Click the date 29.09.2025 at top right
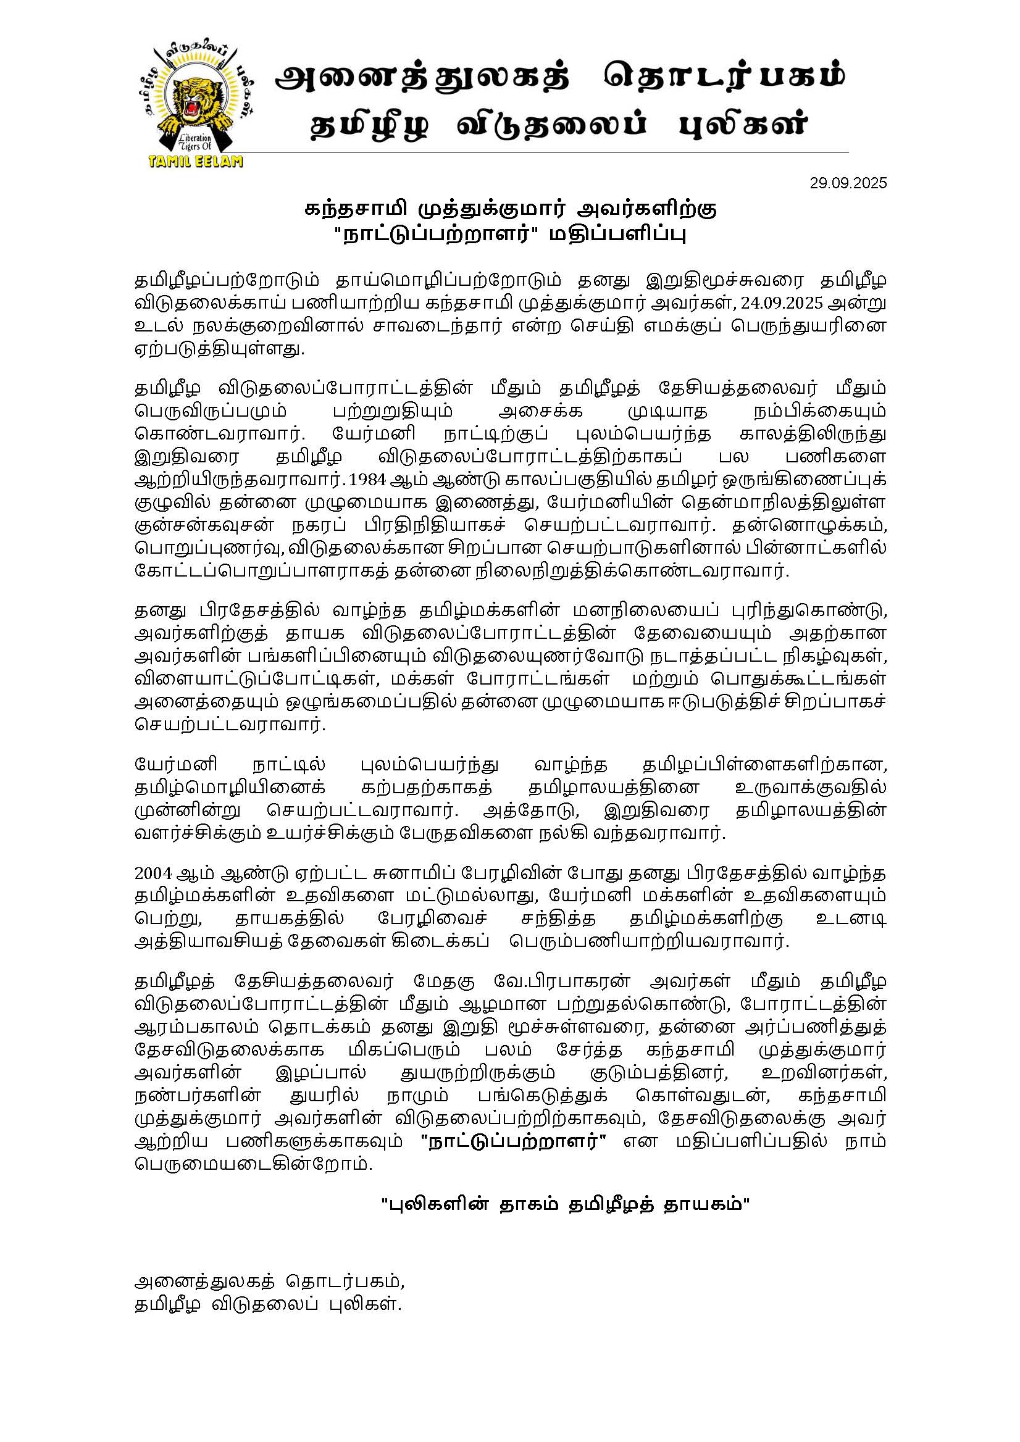pyautogui.click(x=848, y=183)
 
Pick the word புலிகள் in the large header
pyautogui.click(x=743, y=125)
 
